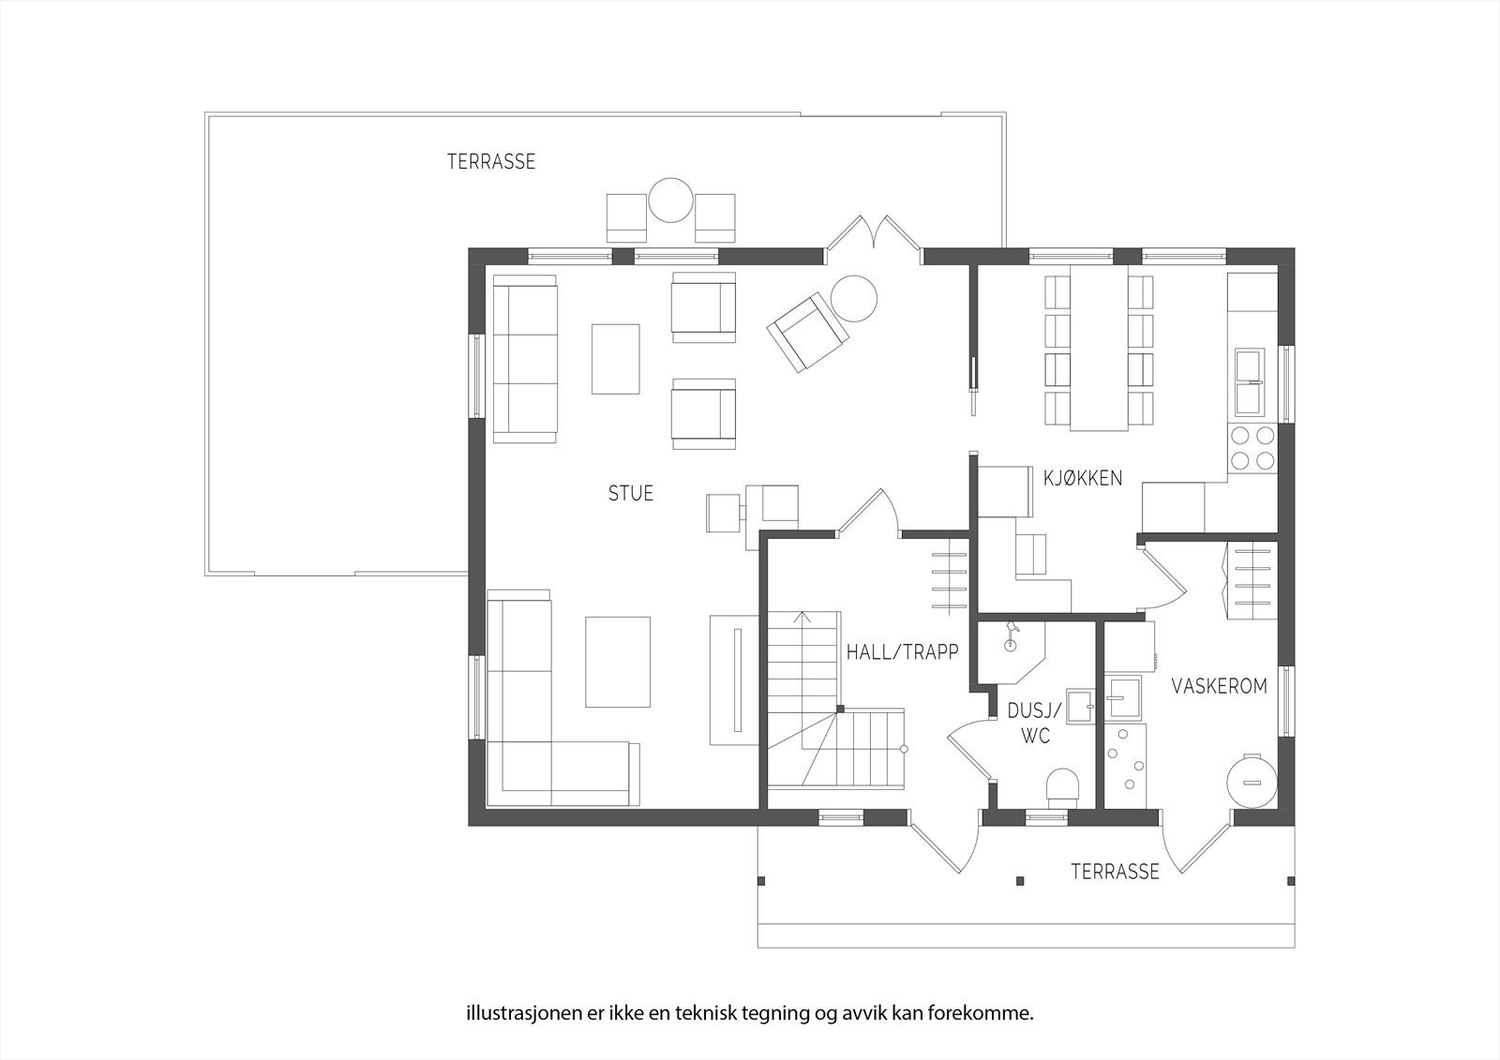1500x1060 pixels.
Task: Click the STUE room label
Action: [630, 493]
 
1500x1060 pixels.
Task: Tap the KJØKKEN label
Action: [1083, 478]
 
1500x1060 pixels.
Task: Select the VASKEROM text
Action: [1219, 686]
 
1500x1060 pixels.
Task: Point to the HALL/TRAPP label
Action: [902, 651]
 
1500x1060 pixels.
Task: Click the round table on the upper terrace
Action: [670, 200]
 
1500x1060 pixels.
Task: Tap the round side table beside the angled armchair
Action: [854, 297]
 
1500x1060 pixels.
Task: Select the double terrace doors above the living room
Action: [874, 234]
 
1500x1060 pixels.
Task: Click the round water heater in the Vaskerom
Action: [1251, 782]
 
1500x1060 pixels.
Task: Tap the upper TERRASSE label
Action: [490, 161]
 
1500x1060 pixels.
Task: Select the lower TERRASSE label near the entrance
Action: [1115, 872]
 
